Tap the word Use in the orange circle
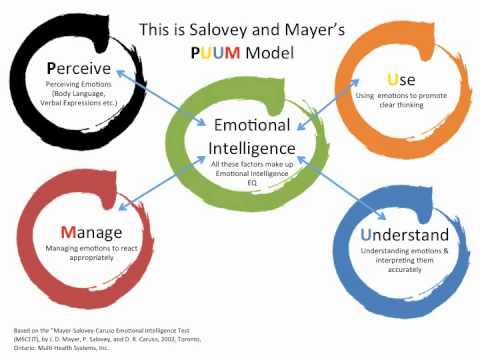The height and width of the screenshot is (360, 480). click(x=394, y=77)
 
